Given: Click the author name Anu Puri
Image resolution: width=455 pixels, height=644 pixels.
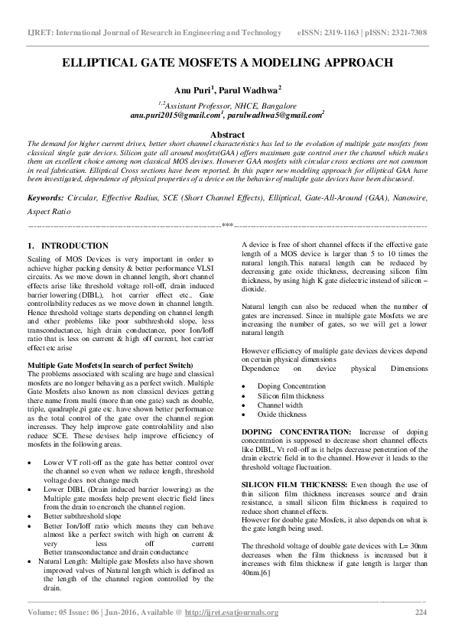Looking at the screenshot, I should pos(190,89).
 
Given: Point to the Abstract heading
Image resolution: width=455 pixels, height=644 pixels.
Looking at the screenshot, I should pos(227,134).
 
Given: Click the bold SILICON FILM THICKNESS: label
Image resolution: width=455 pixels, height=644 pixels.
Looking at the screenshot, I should pos(288,485).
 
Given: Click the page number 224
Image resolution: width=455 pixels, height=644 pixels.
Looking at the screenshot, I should pos(420,634).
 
